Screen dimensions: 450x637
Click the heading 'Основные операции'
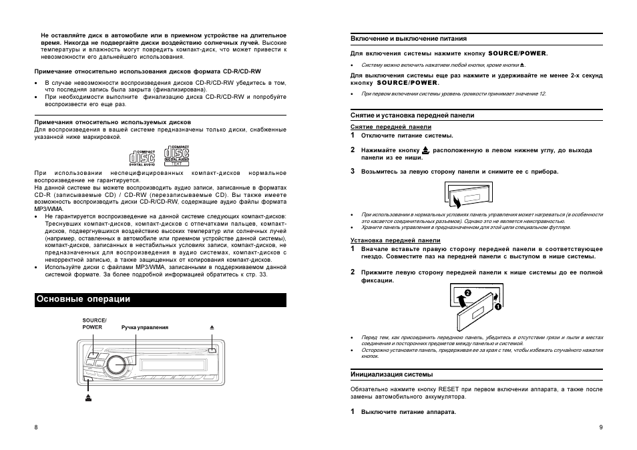click(x=83, y=300)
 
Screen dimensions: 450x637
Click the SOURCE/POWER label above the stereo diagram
click(x=94, y=324)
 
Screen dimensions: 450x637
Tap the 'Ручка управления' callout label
click(x=145, y=327)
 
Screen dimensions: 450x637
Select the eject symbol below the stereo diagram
click(x=88, y=398)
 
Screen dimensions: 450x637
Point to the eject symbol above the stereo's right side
click(x=211, y=327)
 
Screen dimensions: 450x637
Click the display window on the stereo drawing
click(x=167, y=365)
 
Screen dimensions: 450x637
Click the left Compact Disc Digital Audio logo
click(x=142, y=158)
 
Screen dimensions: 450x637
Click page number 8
click(x=36, y=427)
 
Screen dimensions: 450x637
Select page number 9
click(x=601, y=427)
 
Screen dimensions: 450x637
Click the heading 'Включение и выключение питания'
click(x=409, y=39)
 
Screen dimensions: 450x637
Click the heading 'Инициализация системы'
click(x=392, y=374)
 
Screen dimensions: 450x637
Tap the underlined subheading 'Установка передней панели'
click(x=395, y=240)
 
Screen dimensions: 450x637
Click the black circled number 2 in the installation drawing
click(x=468, y=293)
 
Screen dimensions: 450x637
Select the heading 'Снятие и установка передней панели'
click(x=412, y=116)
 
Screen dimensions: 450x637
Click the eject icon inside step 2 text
click(x=426, y=151)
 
